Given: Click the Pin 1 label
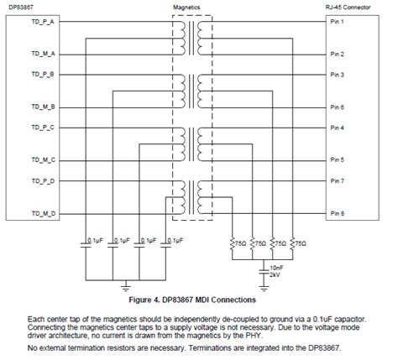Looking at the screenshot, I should tap(336, 21).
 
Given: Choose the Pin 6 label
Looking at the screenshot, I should tap(336, 107).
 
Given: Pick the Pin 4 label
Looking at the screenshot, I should tap(336, 128).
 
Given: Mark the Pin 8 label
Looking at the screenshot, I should tap(336, 214).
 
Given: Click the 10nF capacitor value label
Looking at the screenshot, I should tap(275, 267).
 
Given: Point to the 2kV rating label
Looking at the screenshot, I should tap(274, 274).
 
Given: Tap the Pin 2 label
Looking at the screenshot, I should tap(336, 54).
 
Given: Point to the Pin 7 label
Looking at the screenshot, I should tap(336, 181).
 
